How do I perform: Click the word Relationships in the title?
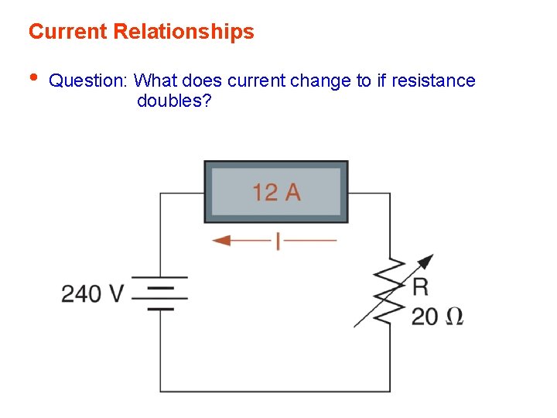coord(183,32)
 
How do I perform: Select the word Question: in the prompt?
coord(89,81)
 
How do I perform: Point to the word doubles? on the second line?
coord(174,101)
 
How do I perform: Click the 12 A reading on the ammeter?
coord(276,191)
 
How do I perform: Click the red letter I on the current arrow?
coord(278,241)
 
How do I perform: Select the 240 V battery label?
coord(93,294)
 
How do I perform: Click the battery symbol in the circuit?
coord(160,292)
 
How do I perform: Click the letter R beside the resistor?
coord(420,288)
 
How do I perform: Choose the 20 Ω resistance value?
coord(438,316)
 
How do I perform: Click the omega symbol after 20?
coord(456,316)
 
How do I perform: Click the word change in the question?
coord(327,81)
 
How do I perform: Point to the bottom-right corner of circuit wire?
coord(390,392)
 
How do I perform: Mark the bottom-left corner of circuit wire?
coord(160,392)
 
